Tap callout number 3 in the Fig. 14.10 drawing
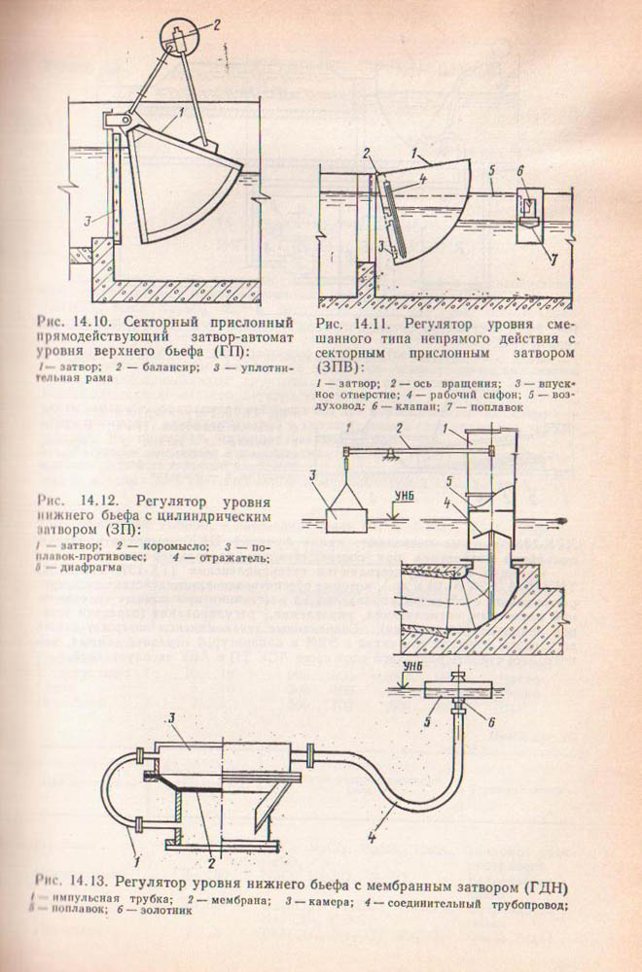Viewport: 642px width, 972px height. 88,223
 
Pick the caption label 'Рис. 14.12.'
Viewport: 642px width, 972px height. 59,503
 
